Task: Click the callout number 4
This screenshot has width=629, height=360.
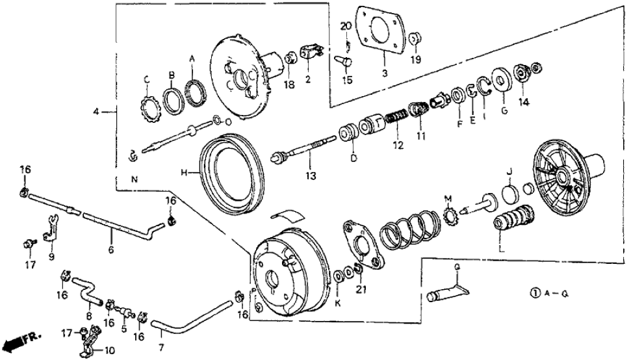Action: [x=96, y=112]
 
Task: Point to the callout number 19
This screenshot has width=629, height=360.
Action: [x=416, y=60]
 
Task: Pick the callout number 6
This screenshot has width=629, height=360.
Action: [x=111, y=249]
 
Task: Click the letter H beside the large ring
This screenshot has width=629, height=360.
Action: [x=185, y=172]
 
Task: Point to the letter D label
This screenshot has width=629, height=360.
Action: [x=354, y=158]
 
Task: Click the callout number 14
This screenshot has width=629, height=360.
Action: [x=524, y=101]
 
